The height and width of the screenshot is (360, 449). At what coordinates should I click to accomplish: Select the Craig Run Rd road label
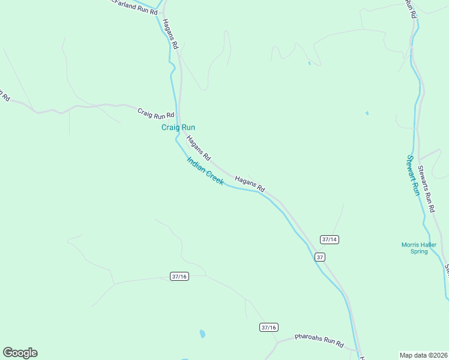(155, 113)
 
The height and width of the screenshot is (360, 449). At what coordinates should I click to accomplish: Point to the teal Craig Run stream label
(178, 127)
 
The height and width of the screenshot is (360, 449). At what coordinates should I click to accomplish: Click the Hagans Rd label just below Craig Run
(198, 148)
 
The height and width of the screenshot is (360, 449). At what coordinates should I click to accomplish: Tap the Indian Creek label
(205, 171)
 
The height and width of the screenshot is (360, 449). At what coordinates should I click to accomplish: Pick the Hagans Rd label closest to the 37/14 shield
(250, 184)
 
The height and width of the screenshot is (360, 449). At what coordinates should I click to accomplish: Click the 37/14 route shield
(330, 239)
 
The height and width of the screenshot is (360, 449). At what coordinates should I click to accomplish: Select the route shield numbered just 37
(320, 257)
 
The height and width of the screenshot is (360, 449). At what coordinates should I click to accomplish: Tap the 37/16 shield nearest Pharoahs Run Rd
(269, 327)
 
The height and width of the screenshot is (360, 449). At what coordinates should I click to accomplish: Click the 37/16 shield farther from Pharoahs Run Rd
(179, 276)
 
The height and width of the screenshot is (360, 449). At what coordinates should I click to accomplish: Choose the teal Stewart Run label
(412, 175)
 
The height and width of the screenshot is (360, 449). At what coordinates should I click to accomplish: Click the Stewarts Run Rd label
(426, 189)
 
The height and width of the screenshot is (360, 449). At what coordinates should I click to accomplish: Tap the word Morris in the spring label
(412, 244)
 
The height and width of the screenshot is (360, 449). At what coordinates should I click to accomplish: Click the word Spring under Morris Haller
(419, 251)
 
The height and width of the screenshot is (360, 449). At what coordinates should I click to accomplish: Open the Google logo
(20, 353)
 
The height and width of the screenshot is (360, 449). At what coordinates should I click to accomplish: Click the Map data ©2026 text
(423, 355)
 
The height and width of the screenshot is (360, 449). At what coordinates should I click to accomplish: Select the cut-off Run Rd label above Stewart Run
(411, 8)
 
